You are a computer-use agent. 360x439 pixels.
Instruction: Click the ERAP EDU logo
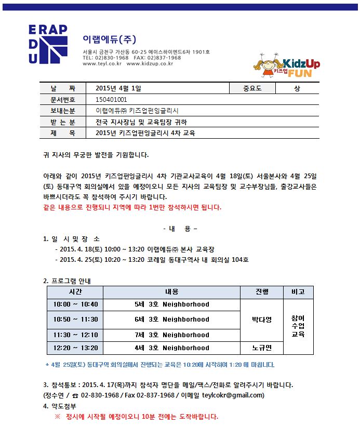pyautogui.click(x=48, y=45)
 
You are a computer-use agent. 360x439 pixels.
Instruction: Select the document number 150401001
pyautogui.click(x=111, y=99)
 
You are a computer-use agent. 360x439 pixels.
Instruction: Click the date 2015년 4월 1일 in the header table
pyautogui.click(x=118, y=88)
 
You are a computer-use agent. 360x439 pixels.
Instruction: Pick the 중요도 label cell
pyautogui.click(x=252, y=88)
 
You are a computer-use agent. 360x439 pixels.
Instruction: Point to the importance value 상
pyautogui.click(x=297, y=88)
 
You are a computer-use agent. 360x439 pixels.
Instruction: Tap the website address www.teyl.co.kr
pyautogui.click(x=102, y=63)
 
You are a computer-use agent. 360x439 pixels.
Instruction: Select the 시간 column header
pyautogui.click(x=75, y=292)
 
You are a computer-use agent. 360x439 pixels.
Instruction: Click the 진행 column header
pyautogui.click(x=262, y=292)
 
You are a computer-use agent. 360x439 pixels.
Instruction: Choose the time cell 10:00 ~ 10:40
pyautogui.click(x=75, y=304)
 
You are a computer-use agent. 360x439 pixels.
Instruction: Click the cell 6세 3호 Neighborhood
pyautogui.click(x=172, y=320)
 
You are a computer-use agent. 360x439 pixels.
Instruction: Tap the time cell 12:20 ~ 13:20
pyautogui.click(x=75, y=348)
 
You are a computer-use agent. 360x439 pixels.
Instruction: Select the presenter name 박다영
pyautogui.click(x=262, y=320)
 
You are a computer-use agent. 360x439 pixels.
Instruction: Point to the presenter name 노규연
pyautogui.click(x=262, y=348)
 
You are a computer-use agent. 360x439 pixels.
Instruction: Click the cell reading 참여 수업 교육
pyautogui.click(x=298, y=326)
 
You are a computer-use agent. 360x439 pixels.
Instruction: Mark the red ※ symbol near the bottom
pyautogui.click(x=58, y=417)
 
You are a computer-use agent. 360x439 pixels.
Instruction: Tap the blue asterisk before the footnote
pyautogui.click(x=47, y=365)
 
